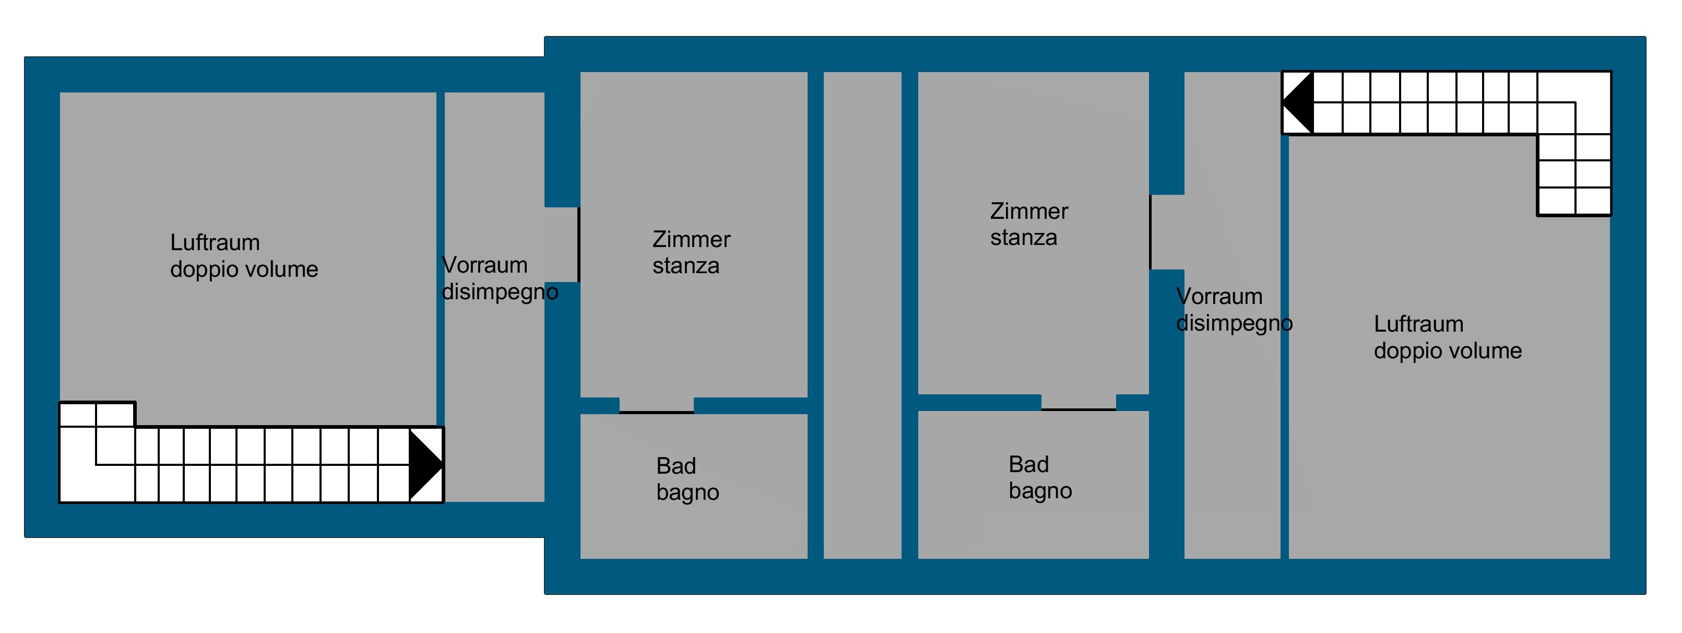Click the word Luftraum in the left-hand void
(215, 243)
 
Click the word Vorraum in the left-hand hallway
(484, 265)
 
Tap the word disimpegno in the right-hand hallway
(1234, 323)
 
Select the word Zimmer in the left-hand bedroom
(691, 240)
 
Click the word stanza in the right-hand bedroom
(1023, 238)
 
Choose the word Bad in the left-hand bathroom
(676, 466)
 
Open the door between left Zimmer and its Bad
(656, 412)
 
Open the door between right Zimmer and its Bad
(1078, 408)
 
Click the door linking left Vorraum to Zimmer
(578, 245)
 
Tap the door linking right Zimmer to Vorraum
(1151, 232)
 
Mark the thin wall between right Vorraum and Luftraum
(1284, 346)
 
